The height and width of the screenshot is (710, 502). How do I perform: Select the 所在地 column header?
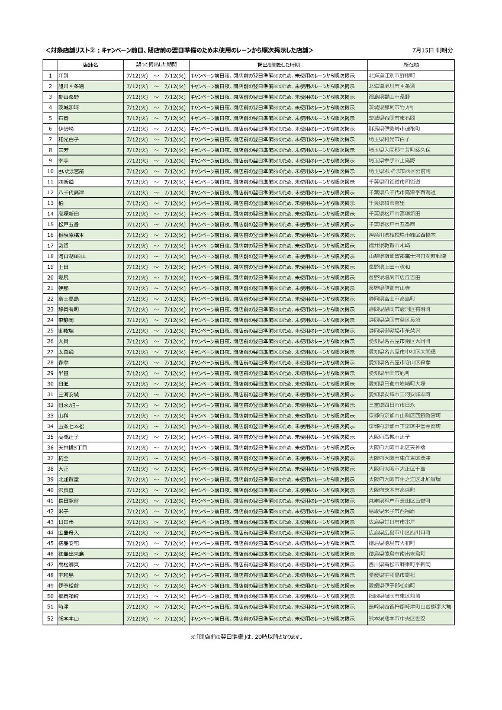point(411,65)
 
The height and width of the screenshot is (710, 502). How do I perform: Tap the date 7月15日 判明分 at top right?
point(433,50)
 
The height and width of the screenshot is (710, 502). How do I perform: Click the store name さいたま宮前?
point(71,171)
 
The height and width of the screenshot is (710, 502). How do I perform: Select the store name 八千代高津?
point(71,192)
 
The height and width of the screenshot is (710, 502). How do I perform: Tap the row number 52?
point(50,618)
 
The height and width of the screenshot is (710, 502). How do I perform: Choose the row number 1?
point(50,76)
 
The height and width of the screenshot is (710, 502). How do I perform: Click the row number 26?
point(50,341)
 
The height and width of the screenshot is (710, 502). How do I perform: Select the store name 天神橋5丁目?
point(72,448)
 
